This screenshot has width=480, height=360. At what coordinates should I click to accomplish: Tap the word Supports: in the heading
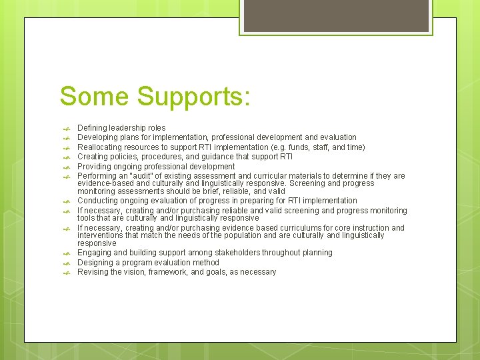(194, 97)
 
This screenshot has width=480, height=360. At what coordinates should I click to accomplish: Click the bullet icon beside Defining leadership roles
(65, 128)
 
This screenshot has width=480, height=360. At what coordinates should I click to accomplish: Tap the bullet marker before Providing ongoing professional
(65, 167)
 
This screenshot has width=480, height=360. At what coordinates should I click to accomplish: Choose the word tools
(87, 218)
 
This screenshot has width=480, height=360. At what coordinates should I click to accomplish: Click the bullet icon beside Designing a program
(65, 263)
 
